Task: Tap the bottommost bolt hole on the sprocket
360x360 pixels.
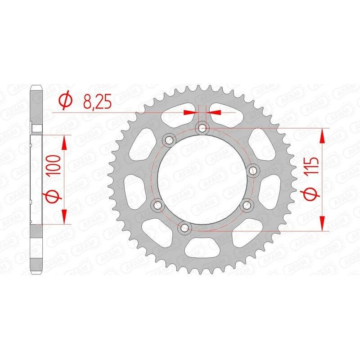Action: click(x=184, y=228)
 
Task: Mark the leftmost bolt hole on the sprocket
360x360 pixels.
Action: click(x=157, y=205)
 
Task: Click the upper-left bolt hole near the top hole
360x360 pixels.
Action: click(x=169, y=140)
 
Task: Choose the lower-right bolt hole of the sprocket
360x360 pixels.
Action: click(x=246, y=205)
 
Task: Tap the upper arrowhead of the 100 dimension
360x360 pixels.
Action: click(x=65, y=143)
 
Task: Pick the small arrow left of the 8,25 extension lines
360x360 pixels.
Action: click(x=191, y=111)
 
